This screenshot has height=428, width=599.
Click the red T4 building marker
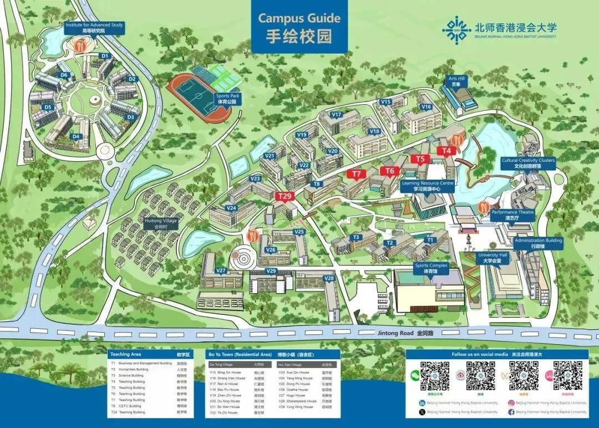point(446,151)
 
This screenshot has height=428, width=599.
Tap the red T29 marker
point(285,196)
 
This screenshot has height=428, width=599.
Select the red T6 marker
point(389,171)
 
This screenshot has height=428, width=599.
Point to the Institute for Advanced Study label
point(94,28)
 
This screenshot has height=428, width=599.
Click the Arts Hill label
point(457,81)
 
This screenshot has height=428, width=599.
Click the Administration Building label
point(538,243)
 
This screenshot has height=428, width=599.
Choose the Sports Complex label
point(431,268)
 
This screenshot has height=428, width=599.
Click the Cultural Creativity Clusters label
point(527,163)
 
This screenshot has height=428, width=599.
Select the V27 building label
point(221,271)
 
